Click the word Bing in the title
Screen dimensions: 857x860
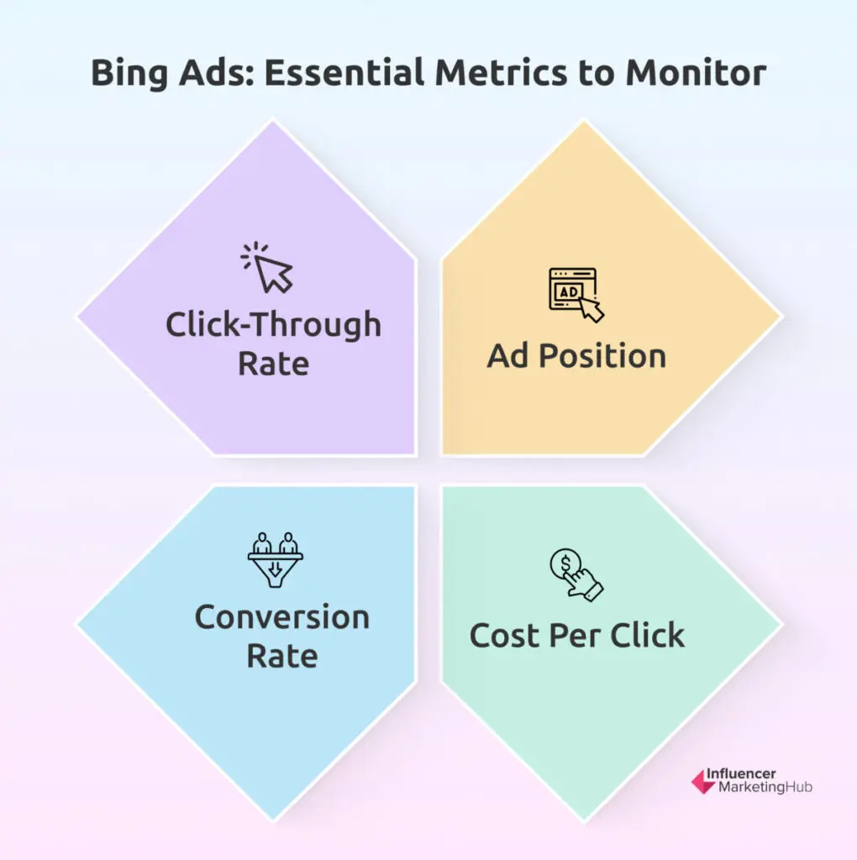129,73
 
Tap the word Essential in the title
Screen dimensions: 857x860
344,72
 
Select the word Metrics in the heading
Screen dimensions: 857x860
501,72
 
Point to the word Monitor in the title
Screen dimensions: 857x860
695,72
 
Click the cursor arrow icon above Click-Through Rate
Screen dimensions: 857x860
268,267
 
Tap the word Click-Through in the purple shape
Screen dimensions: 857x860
273,325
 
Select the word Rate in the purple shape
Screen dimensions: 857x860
273,364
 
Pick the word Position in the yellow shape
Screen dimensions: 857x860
602,356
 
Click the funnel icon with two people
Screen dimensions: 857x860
275,560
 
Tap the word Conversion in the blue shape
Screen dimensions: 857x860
282,617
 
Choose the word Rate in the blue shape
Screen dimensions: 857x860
282,656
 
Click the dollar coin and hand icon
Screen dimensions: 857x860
576,574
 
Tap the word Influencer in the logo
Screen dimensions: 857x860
741,773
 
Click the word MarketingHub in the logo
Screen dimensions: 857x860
765,787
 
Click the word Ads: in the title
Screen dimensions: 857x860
217,72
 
